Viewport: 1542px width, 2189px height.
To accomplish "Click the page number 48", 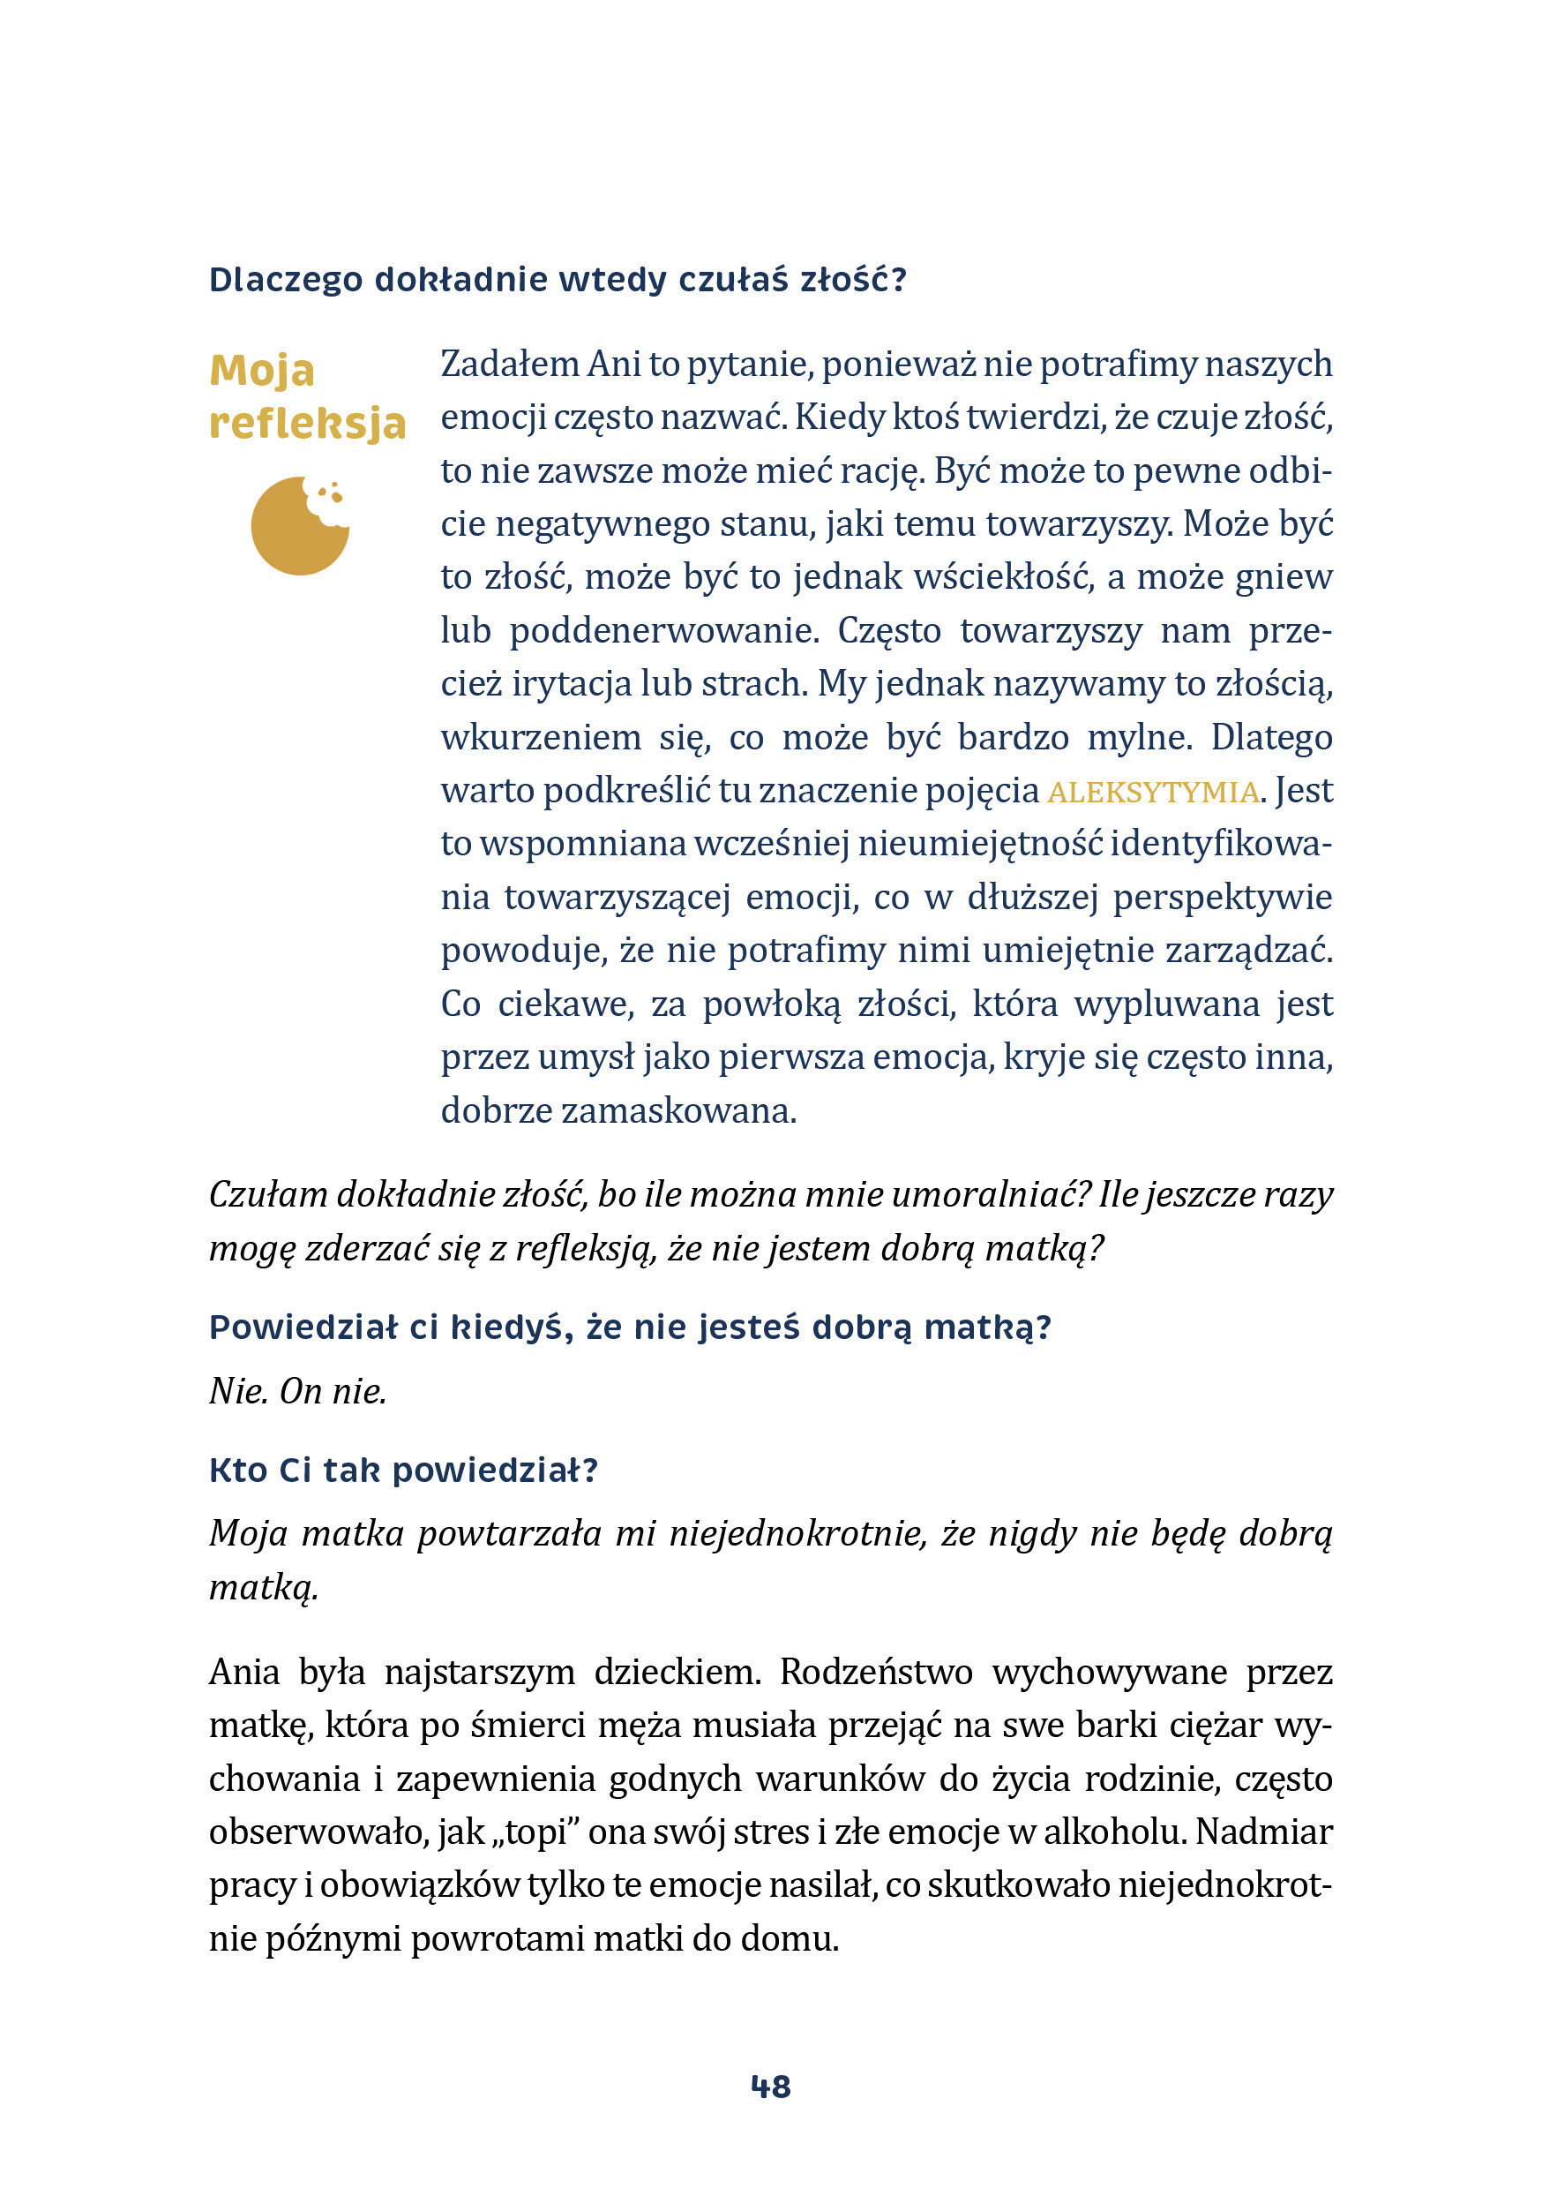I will tap(770, 2087).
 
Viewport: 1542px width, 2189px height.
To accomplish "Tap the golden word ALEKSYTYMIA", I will tap(1152, 793).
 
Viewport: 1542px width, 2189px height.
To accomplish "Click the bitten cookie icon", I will tap(300, 525).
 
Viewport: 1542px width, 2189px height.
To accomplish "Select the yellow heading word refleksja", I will tap(308, 423).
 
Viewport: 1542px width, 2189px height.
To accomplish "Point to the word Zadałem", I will tap(509, 365).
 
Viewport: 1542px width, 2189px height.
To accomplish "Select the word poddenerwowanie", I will tap(664, 631).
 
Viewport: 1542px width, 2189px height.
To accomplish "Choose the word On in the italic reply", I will tap(300, 1392).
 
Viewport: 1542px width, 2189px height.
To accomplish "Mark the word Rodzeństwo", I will tap(876, 1673).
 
